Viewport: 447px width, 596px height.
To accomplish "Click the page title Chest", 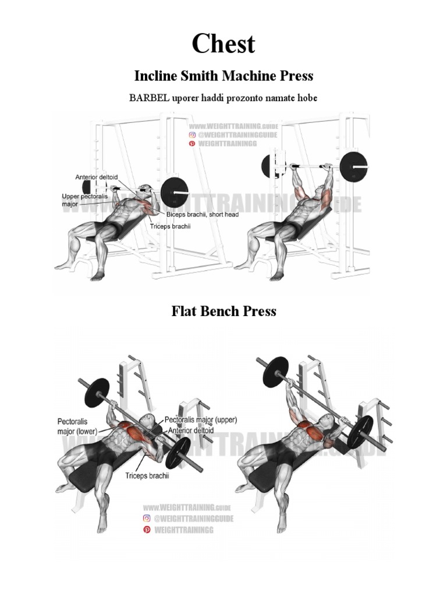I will point(223,44).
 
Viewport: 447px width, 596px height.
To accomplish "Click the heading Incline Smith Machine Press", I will point(223,76).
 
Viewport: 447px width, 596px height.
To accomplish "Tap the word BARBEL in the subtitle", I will point(150,98).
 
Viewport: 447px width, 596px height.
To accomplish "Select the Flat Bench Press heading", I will point(223,311).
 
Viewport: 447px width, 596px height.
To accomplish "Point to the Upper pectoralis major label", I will point(82,200).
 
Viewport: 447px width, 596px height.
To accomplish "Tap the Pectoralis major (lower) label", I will point(76,426).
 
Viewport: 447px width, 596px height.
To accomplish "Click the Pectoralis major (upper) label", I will point(201,419).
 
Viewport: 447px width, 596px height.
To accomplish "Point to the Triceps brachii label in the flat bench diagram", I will point(147,476).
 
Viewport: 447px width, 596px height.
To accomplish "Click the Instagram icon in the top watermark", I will point(191,134).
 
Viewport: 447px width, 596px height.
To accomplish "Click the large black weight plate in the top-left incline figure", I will point(176,190).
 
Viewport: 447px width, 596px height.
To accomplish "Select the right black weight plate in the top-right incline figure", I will point(354,167).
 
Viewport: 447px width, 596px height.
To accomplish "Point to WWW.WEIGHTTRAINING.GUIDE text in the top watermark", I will point(233,126).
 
